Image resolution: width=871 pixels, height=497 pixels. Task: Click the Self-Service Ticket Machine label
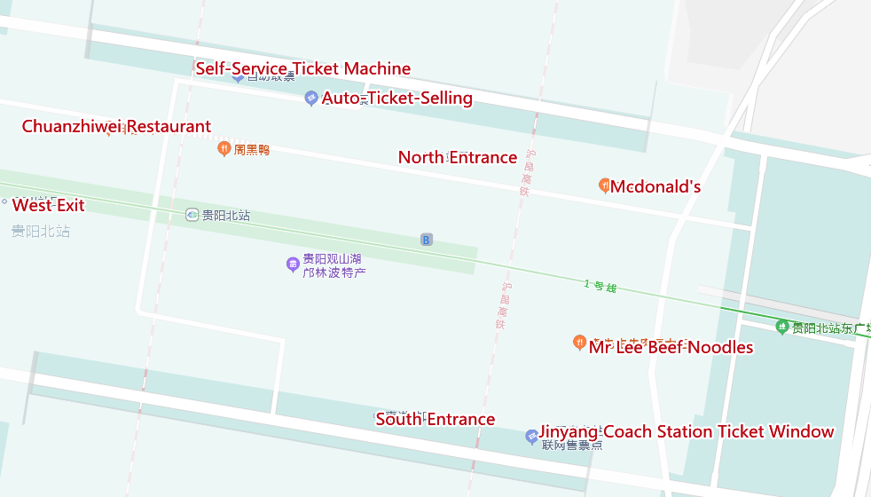302,69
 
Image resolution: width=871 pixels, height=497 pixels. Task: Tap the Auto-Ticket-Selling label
396,99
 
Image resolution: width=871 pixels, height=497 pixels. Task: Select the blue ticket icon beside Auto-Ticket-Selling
310,99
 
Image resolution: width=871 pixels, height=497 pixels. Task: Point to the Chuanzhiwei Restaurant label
116,127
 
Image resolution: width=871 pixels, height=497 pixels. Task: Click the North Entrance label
457,158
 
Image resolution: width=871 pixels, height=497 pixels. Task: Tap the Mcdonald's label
655,187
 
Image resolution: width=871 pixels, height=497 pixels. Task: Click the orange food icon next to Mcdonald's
604,185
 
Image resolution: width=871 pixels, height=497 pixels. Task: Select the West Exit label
48,206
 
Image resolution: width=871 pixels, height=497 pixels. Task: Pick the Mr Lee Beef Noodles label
671,347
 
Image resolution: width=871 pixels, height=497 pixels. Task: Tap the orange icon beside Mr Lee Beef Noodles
579,342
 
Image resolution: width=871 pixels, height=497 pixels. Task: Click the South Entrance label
435,420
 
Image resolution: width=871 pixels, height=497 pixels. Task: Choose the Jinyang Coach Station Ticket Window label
687,432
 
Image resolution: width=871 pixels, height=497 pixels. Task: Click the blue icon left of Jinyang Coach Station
531,436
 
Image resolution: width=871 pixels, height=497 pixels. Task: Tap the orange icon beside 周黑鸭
224,148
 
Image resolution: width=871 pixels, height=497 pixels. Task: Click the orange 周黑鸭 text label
252,150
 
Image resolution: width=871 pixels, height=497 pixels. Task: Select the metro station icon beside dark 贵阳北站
192,215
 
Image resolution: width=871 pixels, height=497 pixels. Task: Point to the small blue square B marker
427,240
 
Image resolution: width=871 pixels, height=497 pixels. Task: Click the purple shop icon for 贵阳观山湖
292,264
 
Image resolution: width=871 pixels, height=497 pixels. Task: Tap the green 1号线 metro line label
600,286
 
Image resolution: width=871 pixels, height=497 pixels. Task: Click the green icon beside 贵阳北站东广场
781,327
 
